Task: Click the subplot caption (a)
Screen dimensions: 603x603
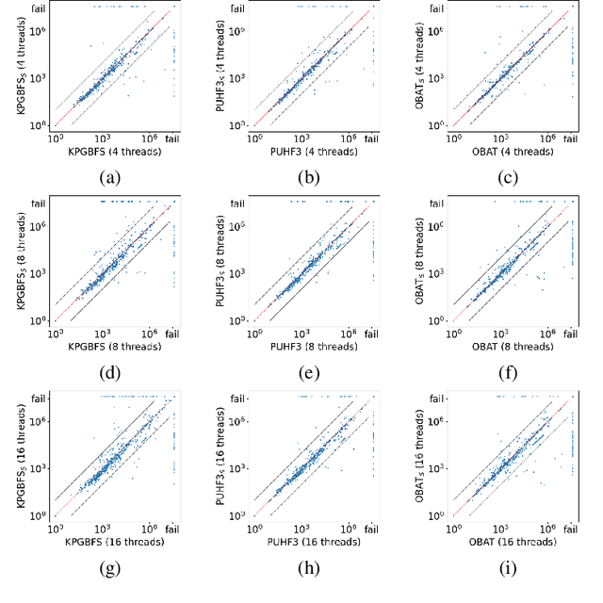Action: [x=114, y=176]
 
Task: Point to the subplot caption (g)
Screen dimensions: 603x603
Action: [x=114, y=568]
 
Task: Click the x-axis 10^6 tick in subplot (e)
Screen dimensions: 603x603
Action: [x=350, y=334]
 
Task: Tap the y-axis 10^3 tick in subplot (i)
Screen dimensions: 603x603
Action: [x=435, y=468]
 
